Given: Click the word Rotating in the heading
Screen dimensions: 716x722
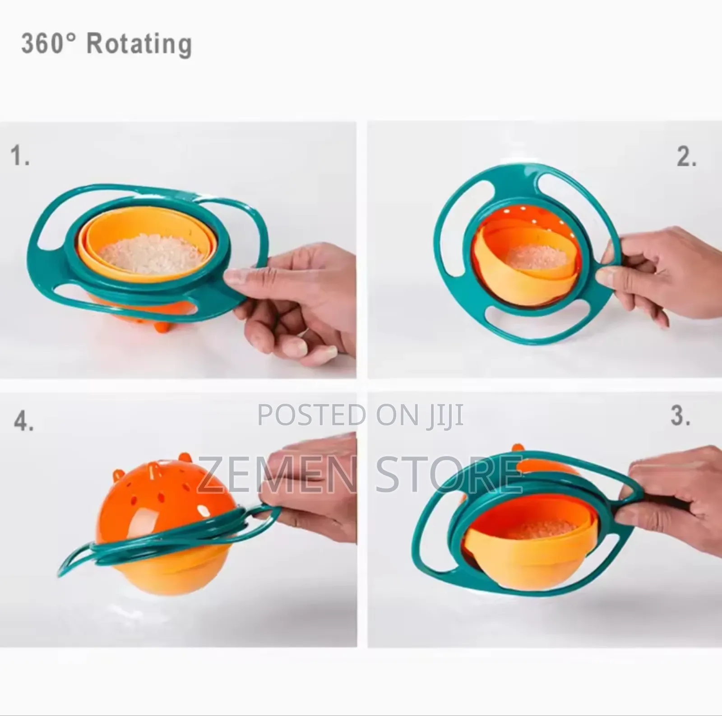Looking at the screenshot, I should pos(139,44).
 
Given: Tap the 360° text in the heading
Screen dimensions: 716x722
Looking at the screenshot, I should pos(48,44).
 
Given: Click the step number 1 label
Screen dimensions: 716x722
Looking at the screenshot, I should pos(20,156).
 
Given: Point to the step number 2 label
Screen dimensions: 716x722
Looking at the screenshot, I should pos(686,157).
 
